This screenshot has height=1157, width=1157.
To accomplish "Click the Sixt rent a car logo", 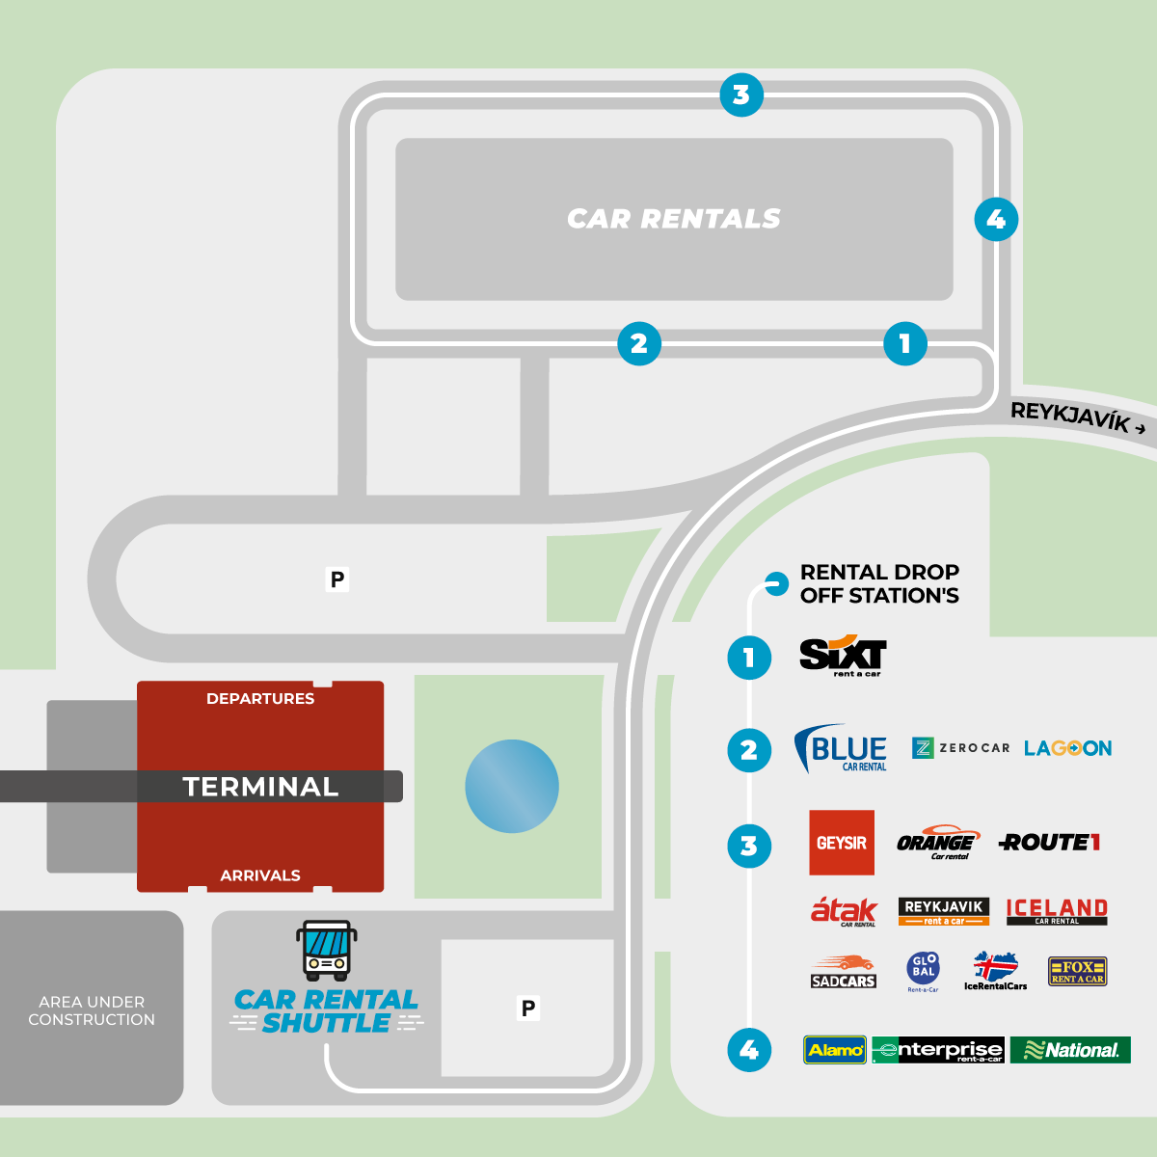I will tap(843, 656).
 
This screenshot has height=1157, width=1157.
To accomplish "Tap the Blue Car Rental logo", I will tap(841, 749).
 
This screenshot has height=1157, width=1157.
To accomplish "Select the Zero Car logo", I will tap(960, 748).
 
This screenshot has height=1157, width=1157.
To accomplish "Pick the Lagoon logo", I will tap(1067, 748).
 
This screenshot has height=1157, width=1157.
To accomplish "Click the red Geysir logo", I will tap(842, 843).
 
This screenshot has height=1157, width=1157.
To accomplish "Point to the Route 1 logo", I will tap(1050, 843).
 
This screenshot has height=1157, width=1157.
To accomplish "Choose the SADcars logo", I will tap(843, 972).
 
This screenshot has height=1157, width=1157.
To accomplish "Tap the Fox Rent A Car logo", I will tap(1077, 972).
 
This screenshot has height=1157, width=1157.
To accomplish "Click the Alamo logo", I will tap(835, 1050).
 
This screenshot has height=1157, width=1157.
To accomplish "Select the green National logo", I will tap(1070, 1050).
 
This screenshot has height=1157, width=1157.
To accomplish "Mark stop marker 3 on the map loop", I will tap(741, 95).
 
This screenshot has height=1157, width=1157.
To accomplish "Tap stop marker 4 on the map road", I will tap(996, 220).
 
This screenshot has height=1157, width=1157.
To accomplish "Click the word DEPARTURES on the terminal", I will tap(260, 699).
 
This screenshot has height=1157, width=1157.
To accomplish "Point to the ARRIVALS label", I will tap(260, 875).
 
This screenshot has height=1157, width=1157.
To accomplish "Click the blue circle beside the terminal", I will tap(512, 786).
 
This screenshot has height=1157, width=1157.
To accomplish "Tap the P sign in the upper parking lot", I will tap(337, 579).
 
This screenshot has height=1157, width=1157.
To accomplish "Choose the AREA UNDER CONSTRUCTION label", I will tap(92, 1010).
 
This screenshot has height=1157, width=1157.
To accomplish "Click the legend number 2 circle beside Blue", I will tap(749, 750).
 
